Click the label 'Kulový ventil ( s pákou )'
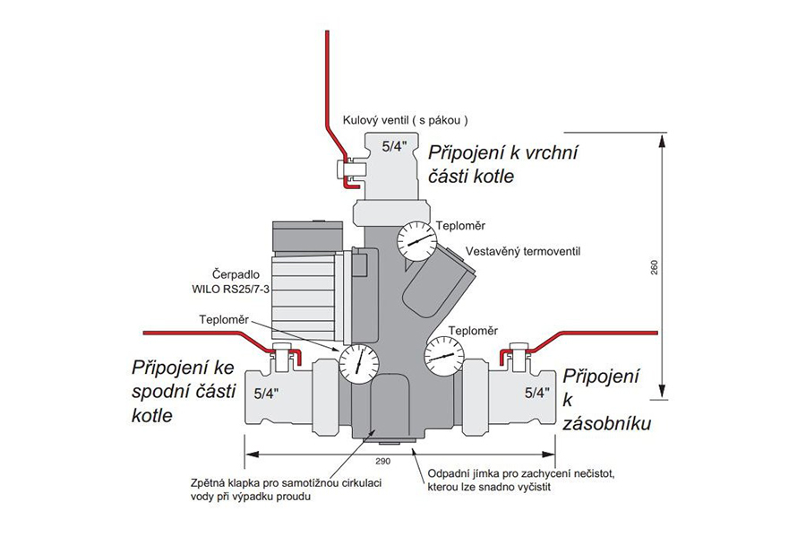(406, 120)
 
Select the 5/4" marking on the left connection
(267, 393)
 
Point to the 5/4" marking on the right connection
(536, 392)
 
